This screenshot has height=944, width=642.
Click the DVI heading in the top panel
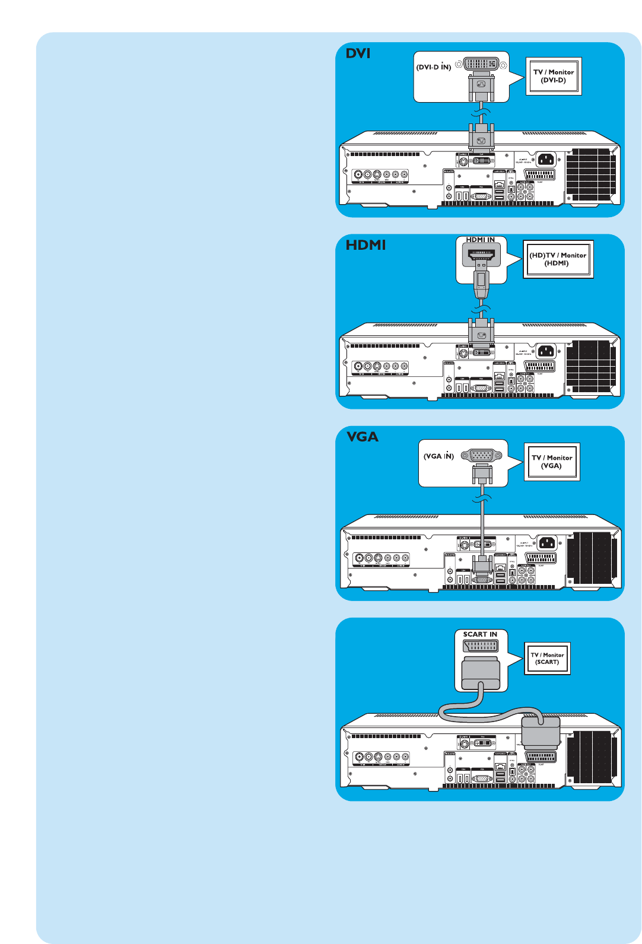(x=358, y=53)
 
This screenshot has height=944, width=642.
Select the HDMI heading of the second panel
(x=366, y=245)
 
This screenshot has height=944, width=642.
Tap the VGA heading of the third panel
(x=363, y=437)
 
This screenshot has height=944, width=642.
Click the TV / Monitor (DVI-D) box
(x=554, y=76)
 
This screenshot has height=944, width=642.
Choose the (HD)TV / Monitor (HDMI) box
(x=558, y=259)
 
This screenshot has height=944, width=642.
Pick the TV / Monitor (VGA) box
(x=552, y=462)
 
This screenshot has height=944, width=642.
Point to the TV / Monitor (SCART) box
(x=547, y=659)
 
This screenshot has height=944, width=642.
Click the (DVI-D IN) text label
(x=434, y=67)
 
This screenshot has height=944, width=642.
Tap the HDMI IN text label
(x=480, y=240)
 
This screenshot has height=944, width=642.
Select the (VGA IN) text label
(x=438, y=456)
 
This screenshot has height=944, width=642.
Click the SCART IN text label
(x=480, y=634)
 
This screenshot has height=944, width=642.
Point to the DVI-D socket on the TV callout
(x=481, y=64)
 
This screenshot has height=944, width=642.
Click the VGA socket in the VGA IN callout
(x=481, y=456)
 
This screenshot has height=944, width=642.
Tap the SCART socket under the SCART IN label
(x=481, y=646)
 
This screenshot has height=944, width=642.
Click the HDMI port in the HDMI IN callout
(x=481, y=255)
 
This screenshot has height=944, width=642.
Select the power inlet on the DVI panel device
(x=545, y=159)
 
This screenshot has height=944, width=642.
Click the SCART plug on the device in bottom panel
(x=541, y=733)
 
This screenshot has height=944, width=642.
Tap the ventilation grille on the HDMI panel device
(x=591, y=366)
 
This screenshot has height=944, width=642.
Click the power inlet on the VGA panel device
(x=546, y=542)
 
